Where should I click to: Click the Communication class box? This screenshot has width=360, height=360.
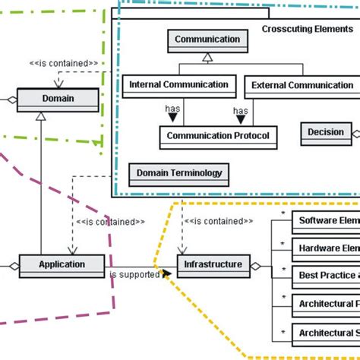click(207, 39)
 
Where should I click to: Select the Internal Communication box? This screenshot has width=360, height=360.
click(180, 85)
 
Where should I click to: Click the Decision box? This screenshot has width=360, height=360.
click(326, 132)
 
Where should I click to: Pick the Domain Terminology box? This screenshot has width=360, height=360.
click(179, 173)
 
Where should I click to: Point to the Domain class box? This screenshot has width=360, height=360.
click(58, 99)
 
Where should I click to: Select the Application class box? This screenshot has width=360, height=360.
click(62, 264)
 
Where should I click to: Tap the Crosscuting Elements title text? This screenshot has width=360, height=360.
click(307, 29)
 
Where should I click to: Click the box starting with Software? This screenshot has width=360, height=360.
click(327, 221)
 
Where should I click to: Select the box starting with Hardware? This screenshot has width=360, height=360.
click(327, 248)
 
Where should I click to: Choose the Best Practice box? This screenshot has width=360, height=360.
click(327, 275)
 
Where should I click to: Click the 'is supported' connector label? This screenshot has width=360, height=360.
click(134, 274)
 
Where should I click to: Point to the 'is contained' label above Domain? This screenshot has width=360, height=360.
click(63, 63)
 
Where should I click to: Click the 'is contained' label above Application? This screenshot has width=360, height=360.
click(111, 222)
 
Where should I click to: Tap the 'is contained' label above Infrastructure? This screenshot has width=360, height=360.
click(219, 222)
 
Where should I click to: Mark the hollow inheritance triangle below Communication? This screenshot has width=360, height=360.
click(207, 57)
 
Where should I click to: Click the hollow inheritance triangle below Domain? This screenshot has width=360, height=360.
click(40, 117)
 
